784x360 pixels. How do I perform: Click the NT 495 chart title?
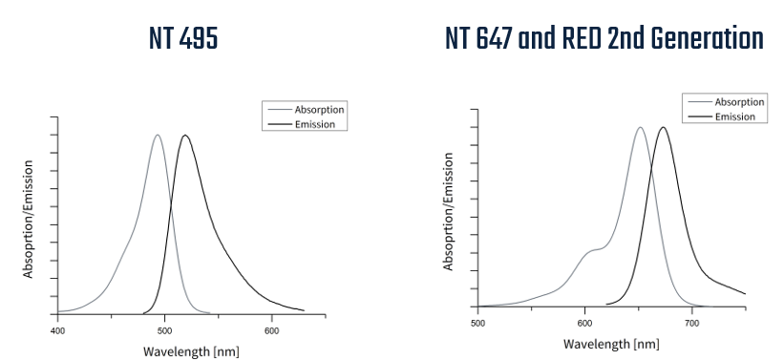(x=183, y=39)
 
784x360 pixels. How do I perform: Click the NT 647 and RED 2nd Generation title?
(x=604, y=39)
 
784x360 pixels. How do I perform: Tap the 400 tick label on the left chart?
(x=57, y=330)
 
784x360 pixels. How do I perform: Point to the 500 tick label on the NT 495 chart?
(x=164, y=330)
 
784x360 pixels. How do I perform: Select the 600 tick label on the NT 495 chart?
(x=271, y=330)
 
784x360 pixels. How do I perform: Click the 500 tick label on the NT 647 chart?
(x=477, y=323)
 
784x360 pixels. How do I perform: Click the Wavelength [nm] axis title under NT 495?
(x=191, y=350)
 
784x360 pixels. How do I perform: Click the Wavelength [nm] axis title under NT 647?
(x=611, y=344)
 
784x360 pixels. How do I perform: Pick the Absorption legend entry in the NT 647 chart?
(x=739, y=102)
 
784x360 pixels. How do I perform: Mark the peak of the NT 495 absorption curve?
(x=158, y=135)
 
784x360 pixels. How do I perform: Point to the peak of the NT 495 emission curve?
(x=185, y=135)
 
